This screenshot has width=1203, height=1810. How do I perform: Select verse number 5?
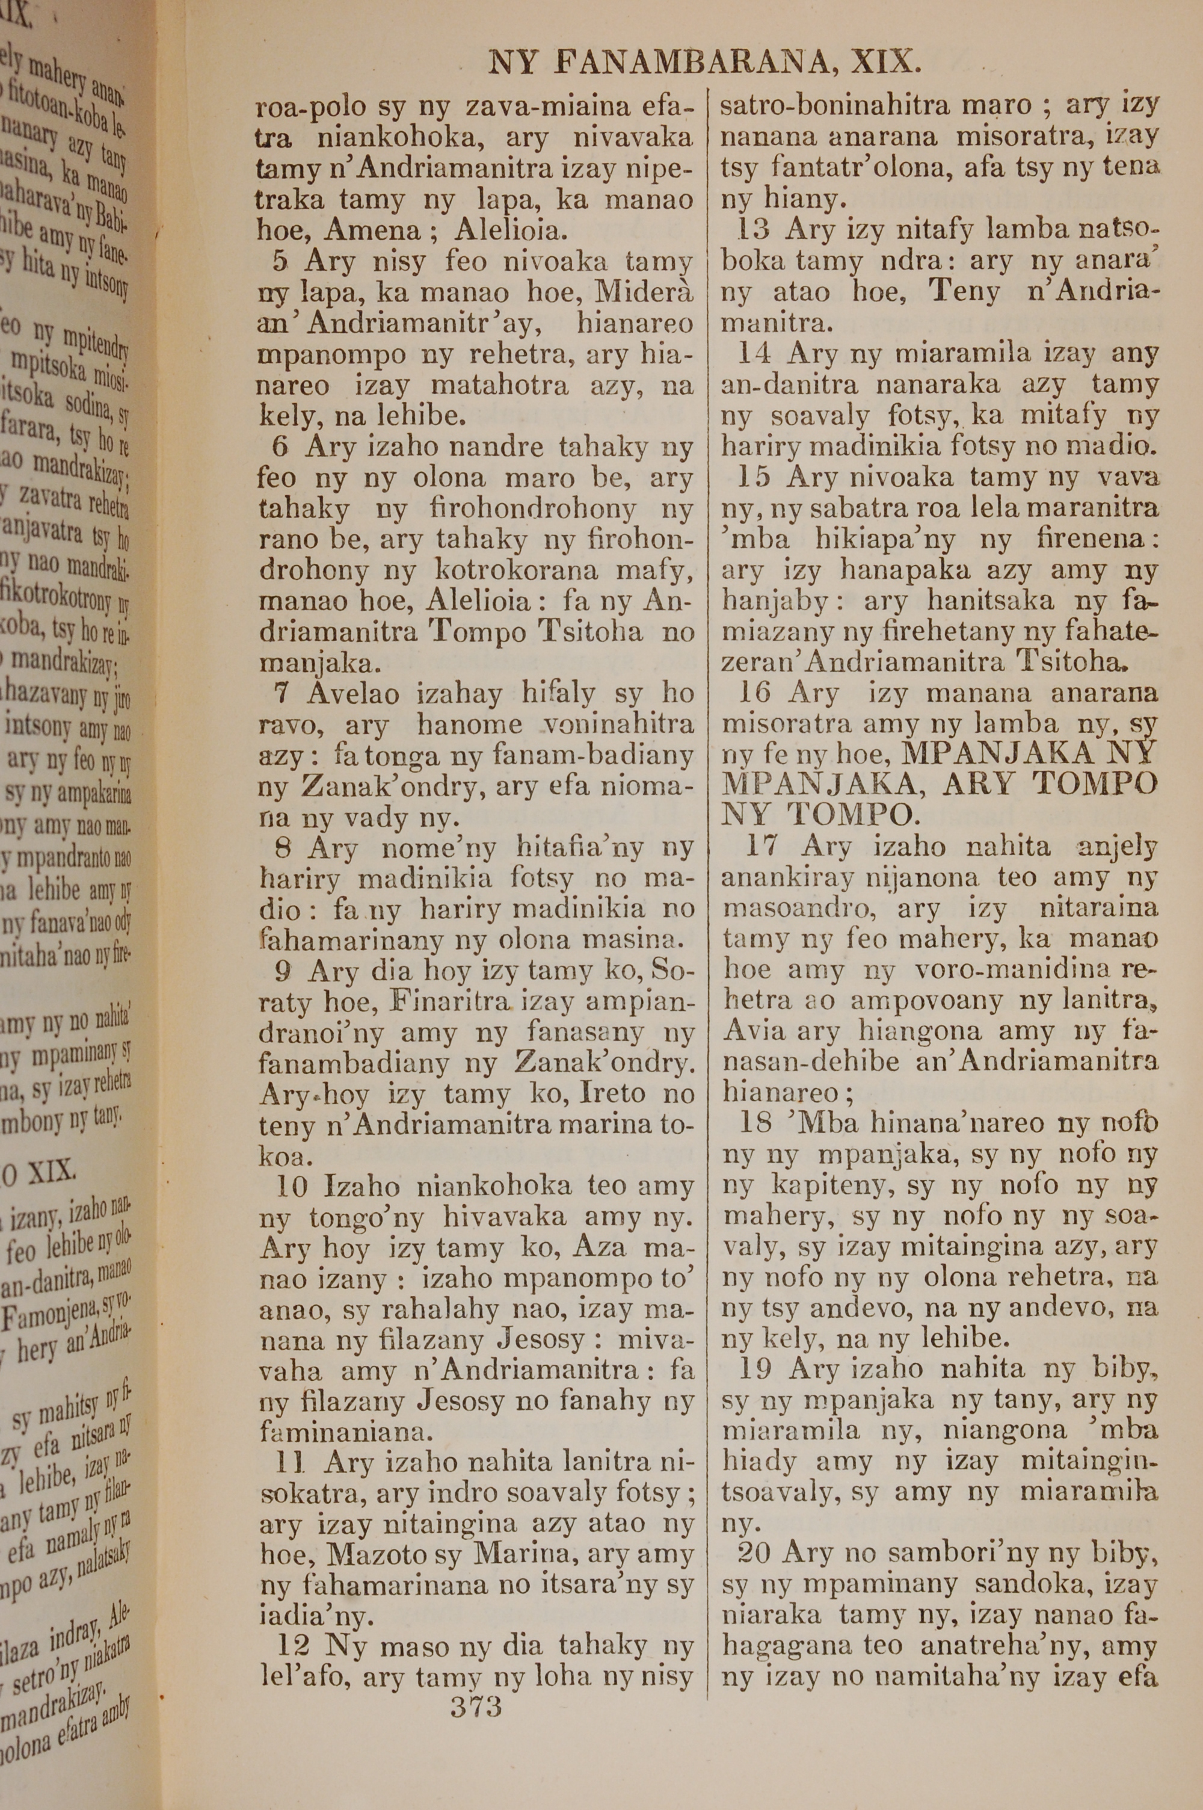281,262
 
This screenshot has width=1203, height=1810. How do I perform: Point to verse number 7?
282,694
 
